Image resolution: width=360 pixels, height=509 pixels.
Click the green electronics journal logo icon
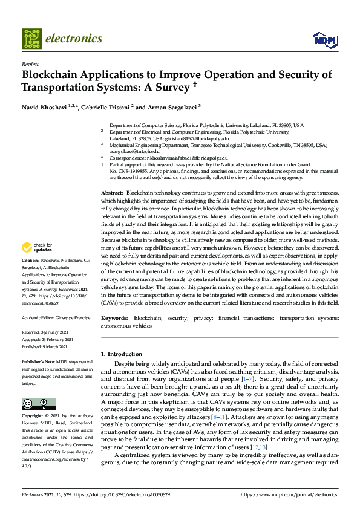click(31, 38)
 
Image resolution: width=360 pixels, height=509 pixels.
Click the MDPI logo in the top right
click(323, 40)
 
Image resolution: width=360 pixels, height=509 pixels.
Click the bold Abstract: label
click(112, 191)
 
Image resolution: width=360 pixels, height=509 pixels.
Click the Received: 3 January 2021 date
click(46, 332)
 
